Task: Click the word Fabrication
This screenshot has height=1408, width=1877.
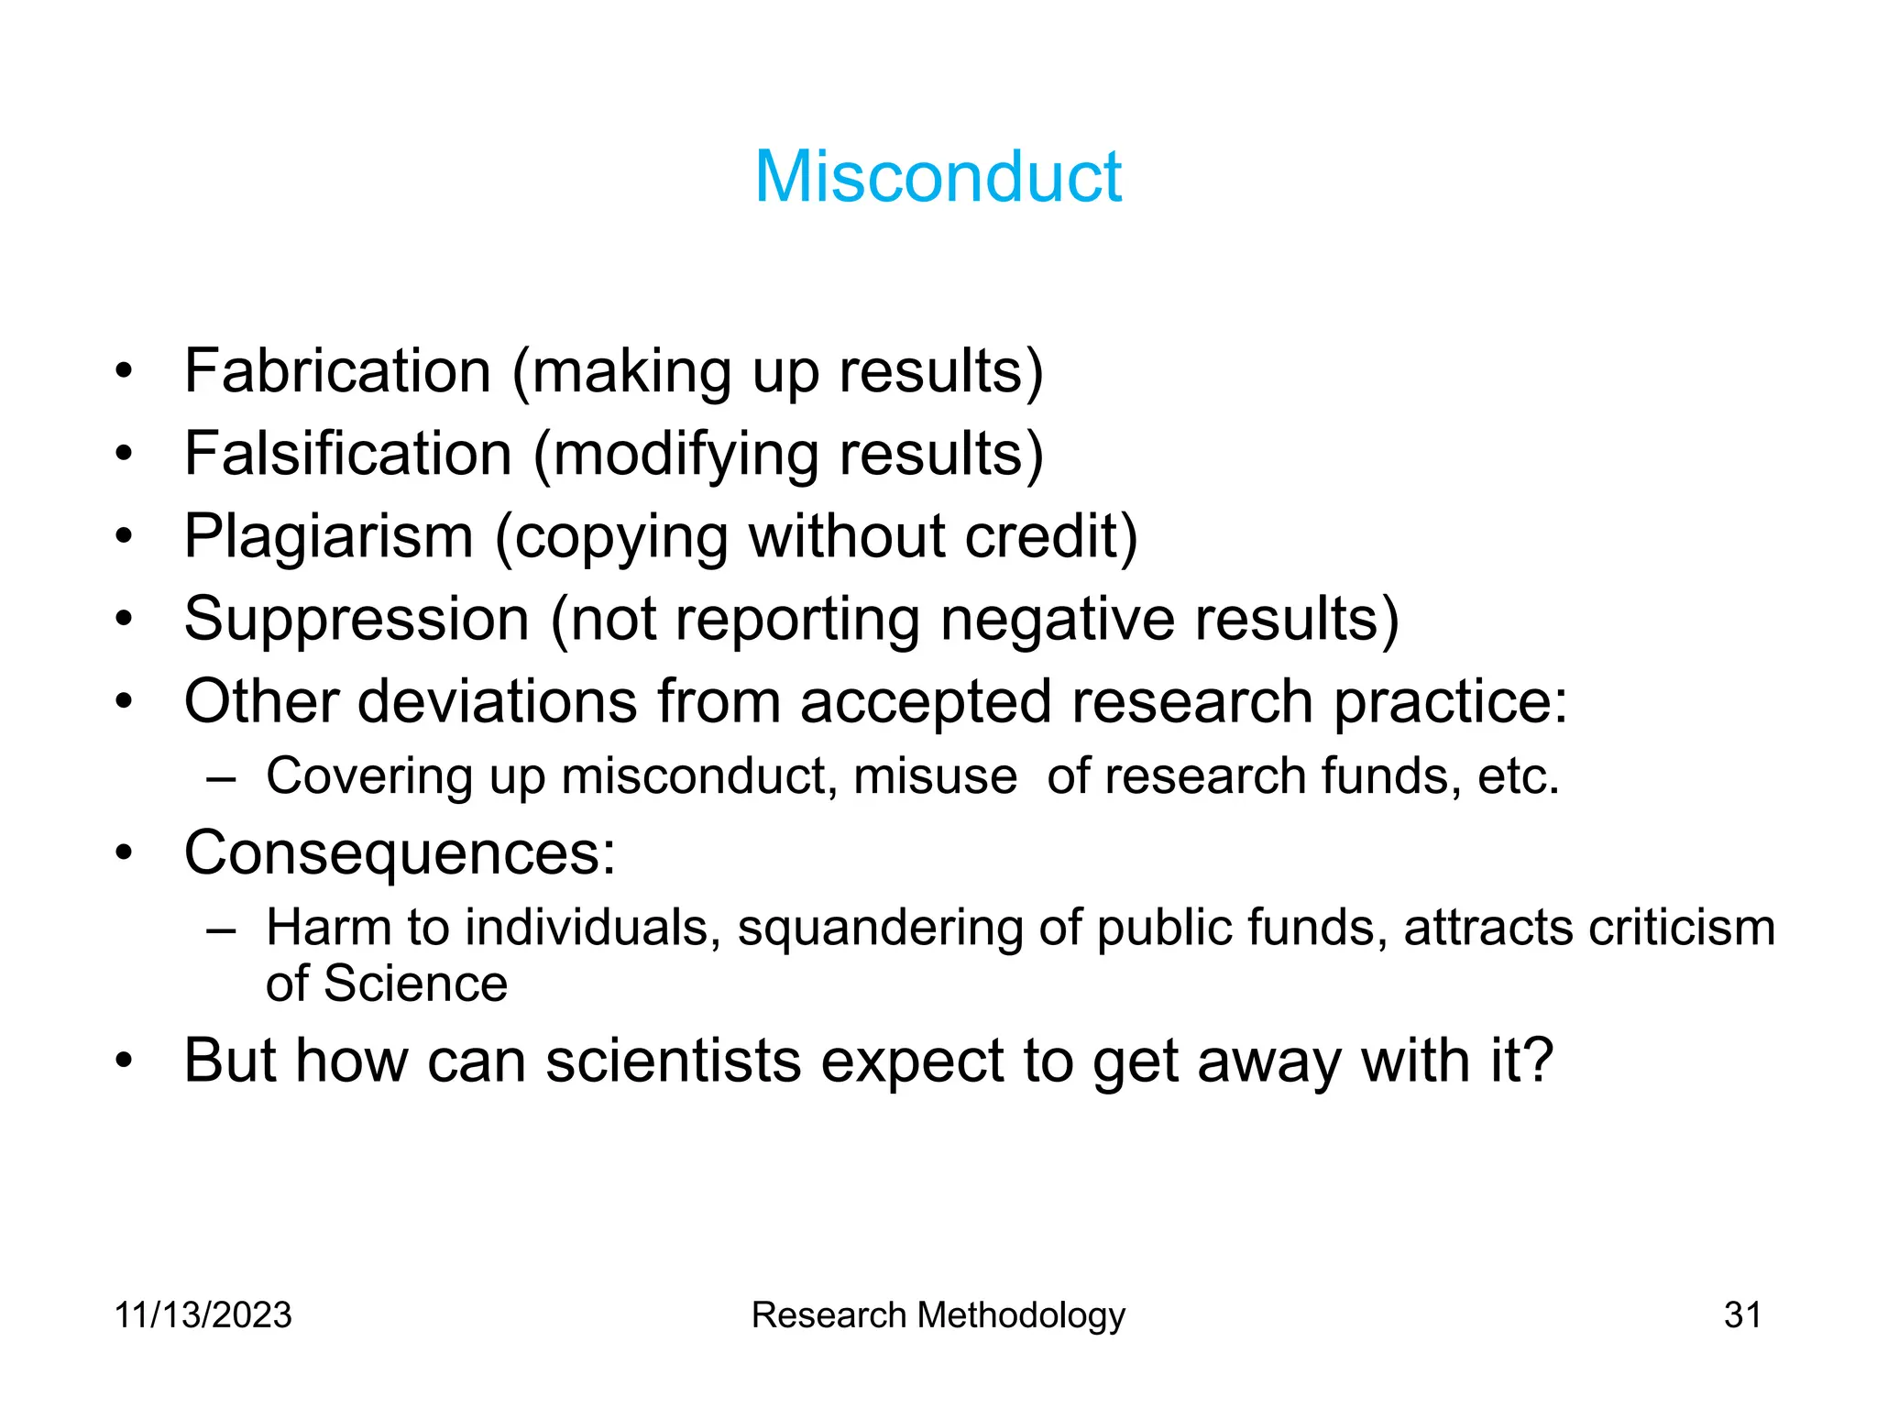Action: tap(337, 371)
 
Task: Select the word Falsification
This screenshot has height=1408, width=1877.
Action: tap(347, 454)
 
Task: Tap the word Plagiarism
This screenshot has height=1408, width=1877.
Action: tap(328, 536)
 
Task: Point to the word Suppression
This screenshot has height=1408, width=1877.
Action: tap(357, 619)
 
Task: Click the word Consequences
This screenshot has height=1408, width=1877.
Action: tap(399, 853)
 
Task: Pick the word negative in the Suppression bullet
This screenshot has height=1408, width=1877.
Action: tap(1058, 619)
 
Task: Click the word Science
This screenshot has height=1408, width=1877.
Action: tap(415, 984)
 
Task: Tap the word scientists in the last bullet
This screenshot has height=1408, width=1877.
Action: tap(673, 1061)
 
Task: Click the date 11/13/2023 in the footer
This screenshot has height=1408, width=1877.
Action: tap(203, 1314)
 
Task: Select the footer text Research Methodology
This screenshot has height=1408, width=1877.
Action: tap(938, 1315)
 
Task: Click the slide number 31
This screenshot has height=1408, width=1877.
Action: tap(1742, 1314)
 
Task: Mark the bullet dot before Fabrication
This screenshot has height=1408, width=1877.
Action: tap(125, 372)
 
